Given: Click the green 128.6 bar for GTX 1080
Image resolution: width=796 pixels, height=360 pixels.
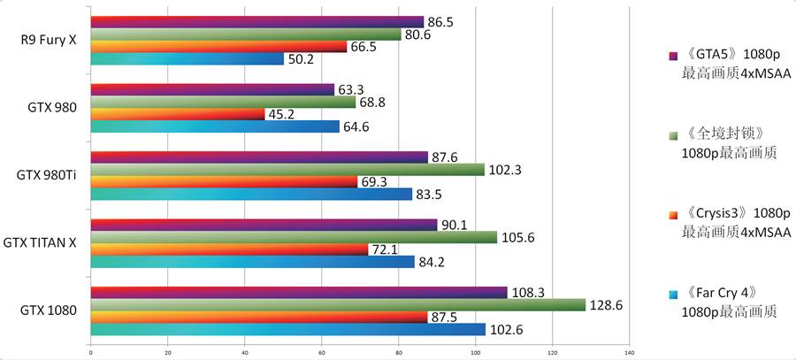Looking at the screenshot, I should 336,304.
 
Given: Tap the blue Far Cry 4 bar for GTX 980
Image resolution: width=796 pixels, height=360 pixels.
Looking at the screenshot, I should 214,126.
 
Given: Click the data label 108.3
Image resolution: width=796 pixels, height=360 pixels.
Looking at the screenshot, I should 527,291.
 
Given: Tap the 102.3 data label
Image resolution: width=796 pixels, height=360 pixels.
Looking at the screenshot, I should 505,169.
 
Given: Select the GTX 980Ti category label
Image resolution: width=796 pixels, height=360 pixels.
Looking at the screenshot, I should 47,175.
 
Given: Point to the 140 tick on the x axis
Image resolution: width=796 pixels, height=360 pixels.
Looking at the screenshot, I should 629,353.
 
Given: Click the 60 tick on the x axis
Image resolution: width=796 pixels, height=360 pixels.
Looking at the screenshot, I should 322,353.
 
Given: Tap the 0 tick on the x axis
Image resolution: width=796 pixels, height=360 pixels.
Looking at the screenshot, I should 91,353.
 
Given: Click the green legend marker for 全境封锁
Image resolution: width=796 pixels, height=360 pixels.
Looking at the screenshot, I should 673,134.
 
